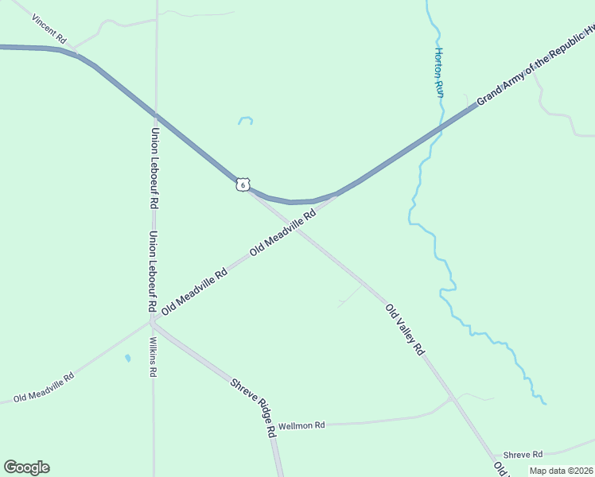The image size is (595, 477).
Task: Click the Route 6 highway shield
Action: click(243, 184)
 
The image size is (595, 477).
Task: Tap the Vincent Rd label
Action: click(49, 30)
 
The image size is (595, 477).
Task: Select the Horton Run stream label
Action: click(438, 72)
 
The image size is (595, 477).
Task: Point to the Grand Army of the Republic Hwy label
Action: click(535, 68)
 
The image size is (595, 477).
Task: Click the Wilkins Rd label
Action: click(153, 357)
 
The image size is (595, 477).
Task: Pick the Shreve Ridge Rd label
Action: click(254, 406)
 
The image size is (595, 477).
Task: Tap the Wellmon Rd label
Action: click(307, 425)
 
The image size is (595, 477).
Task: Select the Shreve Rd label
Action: click(526, 454)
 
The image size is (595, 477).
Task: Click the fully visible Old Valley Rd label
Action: click(405, 329)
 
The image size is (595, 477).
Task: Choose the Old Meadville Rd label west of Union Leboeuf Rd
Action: click(44, 386)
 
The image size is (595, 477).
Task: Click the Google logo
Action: click(26, 467)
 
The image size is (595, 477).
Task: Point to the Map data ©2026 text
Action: click(561, 471)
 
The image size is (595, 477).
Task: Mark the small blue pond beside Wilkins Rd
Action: click(127, 358)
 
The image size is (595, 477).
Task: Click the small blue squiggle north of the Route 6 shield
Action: click(245, 121)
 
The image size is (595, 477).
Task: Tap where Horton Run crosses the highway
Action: click(440, 130)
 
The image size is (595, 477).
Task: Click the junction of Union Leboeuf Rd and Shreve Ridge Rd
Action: click(151, 322)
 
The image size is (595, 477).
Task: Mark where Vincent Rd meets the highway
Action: click(78, 53)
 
